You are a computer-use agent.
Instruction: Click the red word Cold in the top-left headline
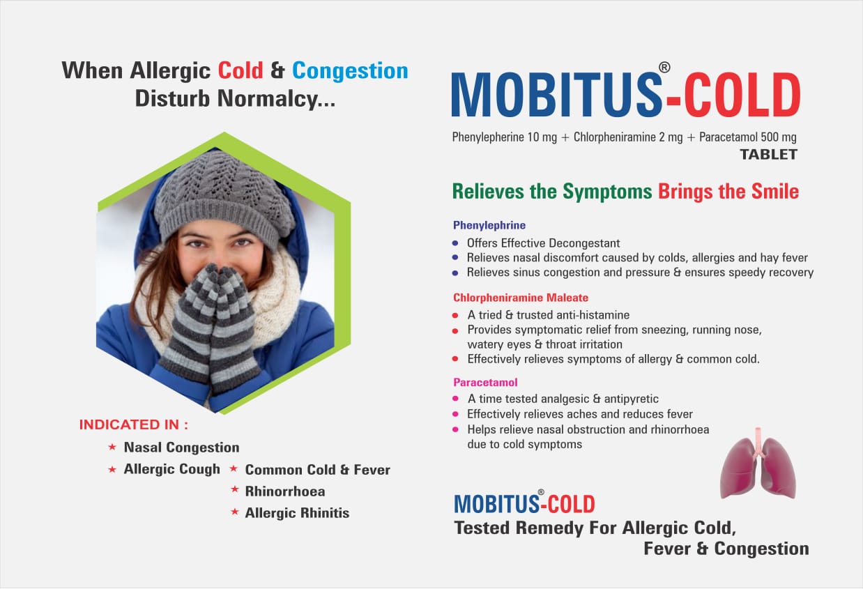tap(240, 70)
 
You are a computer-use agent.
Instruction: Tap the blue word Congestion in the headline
tap(350, 70)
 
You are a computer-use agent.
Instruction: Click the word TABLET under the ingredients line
tap(768, 155)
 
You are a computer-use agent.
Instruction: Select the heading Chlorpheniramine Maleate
tap(521, 298)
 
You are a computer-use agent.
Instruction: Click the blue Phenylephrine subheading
tap(489, 225)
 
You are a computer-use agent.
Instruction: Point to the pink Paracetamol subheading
tap(485, 382)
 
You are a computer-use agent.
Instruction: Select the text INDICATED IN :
tap(133, 424)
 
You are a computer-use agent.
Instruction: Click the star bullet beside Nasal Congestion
tap(112, 448)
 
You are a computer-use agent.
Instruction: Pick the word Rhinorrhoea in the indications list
tap(284, 491)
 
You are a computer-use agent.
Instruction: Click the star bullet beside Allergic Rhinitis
tap(235, 513)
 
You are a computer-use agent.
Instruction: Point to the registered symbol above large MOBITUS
tap(664, 68)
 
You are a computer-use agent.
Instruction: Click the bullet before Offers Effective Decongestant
tap(455, 243)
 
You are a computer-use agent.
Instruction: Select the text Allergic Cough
tap(171, 469)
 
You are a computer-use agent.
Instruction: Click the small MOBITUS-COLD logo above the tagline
tap(524, 503)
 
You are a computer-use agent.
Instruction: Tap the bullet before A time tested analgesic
tap(455, 399)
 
